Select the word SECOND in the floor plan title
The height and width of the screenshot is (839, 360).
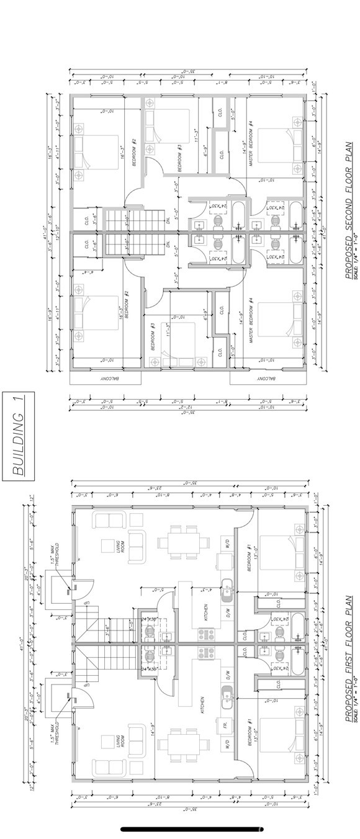pyautogui.click(x=349, y=209)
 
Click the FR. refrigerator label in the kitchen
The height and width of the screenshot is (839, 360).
pyautogui.click(x=222, y=724)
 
